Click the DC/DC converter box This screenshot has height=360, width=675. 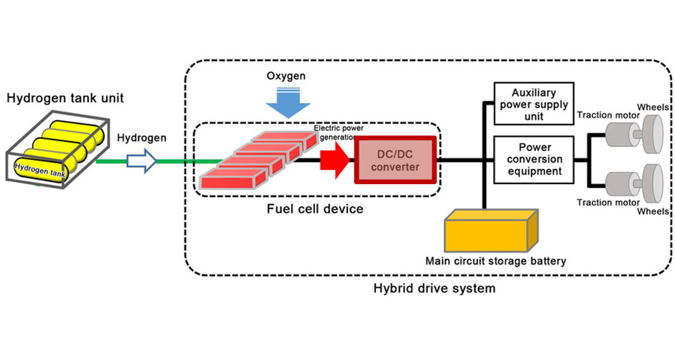pos(395,159)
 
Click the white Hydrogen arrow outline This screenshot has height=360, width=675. pos(140,159)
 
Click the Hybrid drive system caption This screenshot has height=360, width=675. pos(434,288)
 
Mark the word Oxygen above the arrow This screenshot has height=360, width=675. pos(286,77)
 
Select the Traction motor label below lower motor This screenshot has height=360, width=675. pos(607,202)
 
